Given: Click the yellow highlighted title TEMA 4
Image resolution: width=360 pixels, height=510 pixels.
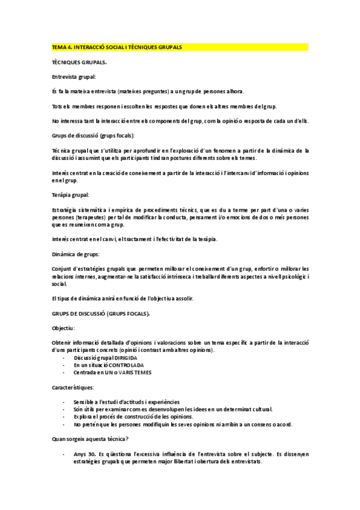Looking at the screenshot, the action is pos(117,46).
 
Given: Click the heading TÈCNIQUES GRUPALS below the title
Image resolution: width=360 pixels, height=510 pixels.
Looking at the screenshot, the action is pos(80,62).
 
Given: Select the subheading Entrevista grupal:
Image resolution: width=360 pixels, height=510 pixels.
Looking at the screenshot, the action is pos(75,76).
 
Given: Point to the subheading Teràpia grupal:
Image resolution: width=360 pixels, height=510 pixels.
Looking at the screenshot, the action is pos(71,195).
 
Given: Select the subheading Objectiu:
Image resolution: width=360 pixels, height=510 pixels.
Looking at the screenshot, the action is pos(64,328).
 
